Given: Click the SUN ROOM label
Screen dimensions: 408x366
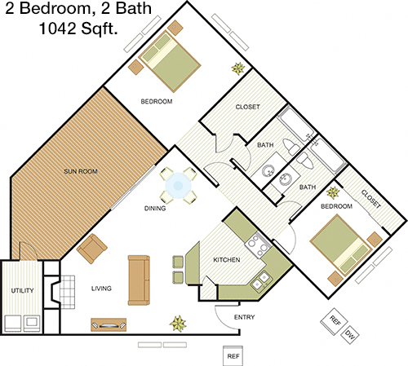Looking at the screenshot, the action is pos(81,171).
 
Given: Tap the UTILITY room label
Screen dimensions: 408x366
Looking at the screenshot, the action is pos(22,291).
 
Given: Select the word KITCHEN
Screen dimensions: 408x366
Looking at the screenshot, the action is pos(227,260).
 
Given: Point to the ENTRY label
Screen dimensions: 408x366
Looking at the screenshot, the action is pos(244,317).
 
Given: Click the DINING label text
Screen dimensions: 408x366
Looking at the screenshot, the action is pos(155,209).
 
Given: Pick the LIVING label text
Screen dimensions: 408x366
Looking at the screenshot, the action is pos(101,289).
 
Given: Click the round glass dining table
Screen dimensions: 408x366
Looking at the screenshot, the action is pos(179,186).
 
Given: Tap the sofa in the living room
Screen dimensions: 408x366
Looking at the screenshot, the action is pos(139,280).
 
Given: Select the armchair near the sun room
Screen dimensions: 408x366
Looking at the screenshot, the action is pos(92,249).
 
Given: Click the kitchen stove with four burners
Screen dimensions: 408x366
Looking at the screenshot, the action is pos(258,245).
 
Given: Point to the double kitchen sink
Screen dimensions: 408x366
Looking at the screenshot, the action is pos(261,281).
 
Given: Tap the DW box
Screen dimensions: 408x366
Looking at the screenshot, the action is pos(349,335).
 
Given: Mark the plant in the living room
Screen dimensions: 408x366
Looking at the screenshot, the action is pos(178,324).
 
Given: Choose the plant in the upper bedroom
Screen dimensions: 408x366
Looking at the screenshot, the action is pos(238,68).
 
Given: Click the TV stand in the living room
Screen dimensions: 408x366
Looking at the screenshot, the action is pos(109,324).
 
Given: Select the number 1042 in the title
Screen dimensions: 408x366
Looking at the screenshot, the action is pos(58,28).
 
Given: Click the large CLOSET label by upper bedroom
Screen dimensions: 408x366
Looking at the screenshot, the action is pos(247,107).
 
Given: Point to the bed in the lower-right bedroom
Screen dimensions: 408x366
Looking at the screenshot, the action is pos(342,245).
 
